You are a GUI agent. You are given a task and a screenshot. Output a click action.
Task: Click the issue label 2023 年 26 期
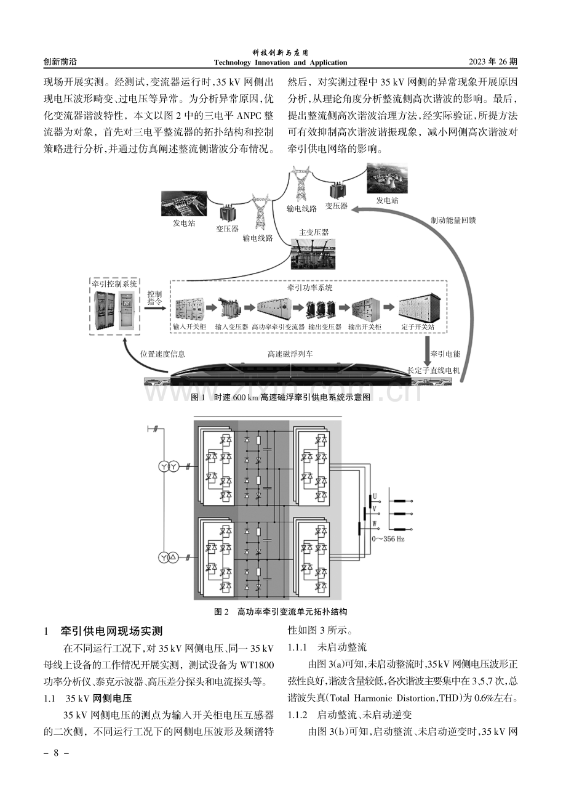click(493, 62)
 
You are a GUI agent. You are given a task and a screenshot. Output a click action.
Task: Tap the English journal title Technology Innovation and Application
click(281, 62)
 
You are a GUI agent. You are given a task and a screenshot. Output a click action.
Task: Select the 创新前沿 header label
click(60, 62)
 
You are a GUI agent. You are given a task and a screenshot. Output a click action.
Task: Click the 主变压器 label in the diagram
click(314, 232)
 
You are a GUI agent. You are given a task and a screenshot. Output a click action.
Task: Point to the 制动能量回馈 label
click(453, 220)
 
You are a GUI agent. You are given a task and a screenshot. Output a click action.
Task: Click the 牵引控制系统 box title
click(114, 284)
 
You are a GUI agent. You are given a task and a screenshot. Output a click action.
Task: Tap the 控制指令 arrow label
click(154, 298)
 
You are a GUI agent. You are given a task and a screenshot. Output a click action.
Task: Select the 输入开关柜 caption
click(189, 326)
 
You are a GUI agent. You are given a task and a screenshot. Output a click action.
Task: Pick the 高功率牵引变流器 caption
click(278, 326)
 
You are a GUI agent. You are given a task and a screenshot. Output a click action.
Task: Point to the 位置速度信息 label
click(162, 354)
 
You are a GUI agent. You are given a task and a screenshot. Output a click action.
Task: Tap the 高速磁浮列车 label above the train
click(290, 354)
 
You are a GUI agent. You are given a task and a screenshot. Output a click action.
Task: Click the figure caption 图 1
click(281, 397)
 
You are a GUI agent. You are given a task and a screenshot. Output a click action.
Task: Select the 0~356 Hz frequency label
click(388, 539)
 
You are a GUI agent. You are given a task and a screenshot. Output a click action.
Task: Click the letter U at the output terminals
click(375, 496)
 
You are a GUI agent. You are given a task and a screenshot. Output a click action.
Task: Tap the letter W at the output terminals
click(375, 524)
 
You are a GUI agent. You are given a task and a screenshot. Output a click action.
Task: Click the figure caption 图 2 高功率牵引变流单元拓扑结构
click(281, 612)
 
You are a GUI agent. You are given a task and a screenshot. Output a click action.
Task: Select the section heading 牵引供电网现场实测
click(111, 631)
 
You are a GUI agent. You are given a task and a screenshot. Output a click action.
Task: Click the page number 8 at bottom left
click(56, 753)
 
